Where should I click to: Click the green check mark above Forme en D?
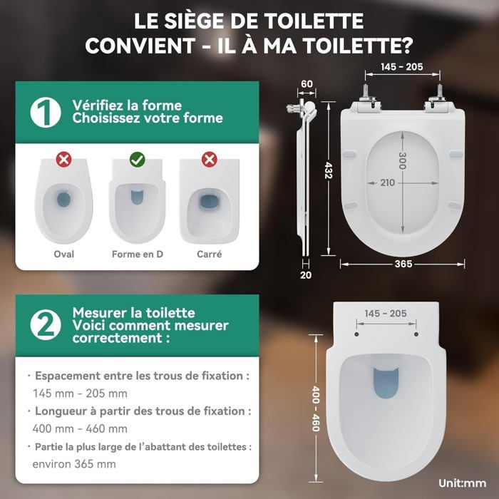pyautogui.click(x=138, y=160)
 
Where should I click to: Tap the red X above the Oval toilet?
pyautogui.click(x=63, y=160)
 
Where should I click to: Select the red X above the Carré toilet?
pyautogui.click(x=210, y=160)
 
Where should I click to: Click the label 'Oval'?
pyautogui.click(x=64, y=254)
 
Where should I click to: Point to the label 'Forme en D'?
pyautogui.click(x=138, y=254)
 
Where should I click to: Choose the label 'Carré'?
pyautogui.click(x=209, y=254)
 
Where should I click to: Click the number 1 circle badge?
pyautogui.click(x=46, y=113)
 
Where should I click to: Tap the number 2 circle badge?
pyautogui.click(x=46, y=325)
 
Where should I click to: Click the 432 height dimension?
pyautogui.click(x=329, y=170)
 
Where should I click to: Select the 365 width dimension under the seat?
pyautogui.click(x=403, y=264)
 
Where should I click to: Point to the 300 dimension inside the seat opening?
pyautogui.click(x=403, y=160)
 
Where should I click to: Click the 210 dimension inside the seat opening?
pyautogui.click(x=387, y=182)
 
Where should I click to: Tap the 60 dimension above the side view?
pyautogui.click(x=307, y=84)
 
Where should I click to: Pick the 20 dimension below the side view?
pyautogui.click(x=306, y=275)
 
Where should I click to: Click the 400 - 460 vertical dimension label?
pyautogui.click(x=315, y=408)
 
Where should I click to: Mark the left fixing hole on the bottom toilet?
pyautogui.click(x=356, y=334)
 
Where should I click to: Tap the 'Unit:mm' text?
pyautogui.click(x=463, y=483)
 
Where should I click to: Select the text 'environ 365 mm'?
pyautogui.click(x=74, y=464)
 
